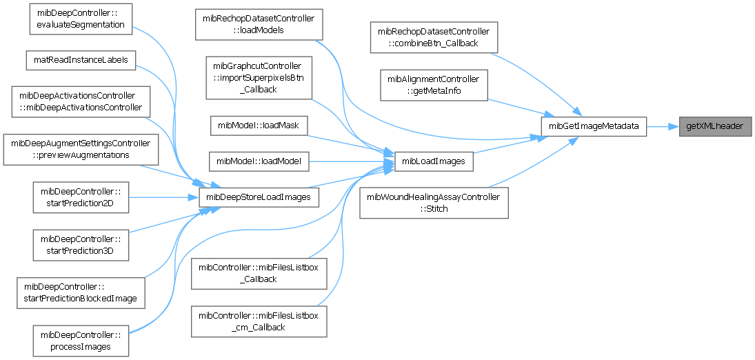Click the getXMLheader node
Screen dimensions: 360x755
[x=714, y=126]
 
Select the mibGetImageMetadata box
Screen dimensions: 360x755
[x=594, y=126]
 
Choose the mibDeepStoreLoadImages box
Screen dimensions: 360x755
[x=259, y=198]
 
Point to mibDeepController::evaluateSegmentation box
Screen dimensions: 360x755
[x=80, y=19]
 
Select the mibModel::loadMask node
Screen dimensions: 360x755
[x=259, y=126]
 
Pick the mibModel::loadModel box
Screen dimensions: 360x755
[x=259, y=162]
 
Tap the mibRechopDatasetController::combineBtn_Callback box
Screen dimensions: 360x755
[x=434, y=37]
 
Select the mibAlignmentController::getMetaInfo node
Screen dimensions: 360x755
[x=434, y=85]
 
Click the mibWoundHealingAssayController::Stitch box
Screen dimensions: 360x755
[x=434, y=203]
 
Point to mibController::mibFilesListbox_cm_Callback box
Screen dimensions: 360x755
[x=259, y=321]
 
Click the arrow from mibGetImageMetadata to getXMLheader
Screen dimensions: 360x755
[x=663, y=126]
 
